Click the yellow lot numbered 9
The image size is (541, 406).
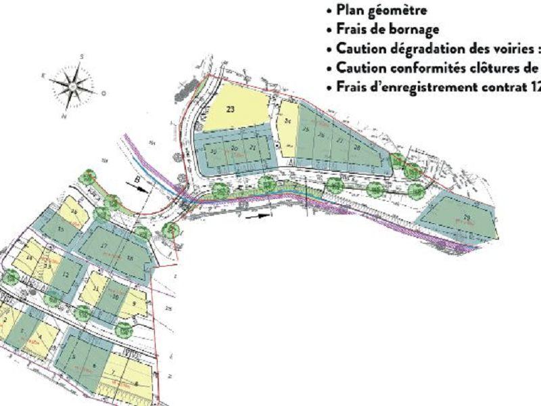(x=135, y=304)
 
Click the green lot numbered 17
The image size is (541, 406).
(x=103, y=246)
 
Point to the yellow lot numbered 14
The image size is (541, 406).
(x=30, y=258)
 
